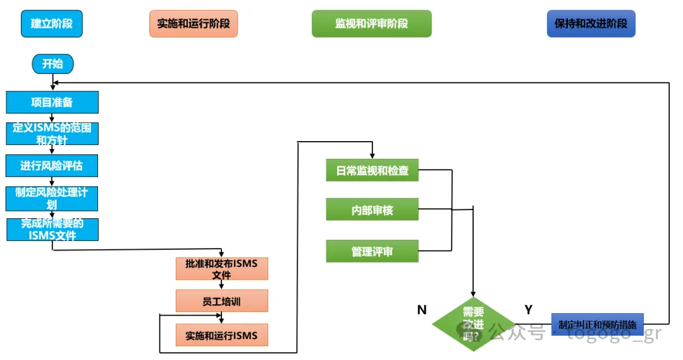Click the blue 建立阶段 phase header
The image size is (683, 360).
(x=52, y=24)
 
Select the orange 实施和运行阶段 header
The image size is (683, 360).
(x=194, y=24)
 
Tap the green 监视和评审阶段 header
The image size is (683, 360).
(x=371, y=24)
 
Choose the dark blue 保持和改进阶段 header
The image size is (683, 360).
(x=591, y=24)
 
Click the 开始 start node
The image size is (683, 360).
(x=52, y=63)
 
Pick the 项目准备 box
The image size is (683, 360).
(x=52, y=102)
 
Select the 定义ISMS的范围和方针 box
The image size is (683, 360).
(x=52, y=133)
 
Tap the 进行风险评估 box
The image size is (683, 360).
(x=52, y=166)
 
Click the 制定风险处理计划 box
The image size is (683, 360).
(x=52, y=198)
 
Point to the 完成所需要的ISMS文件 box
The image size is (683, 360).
(x=52, y=229)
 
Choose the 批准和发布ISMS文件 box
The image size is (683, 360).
(x=222, y=269)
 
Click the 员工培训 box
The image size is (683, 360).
(x=222, y=301)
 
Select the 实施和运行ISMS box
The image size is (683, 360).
(x=222, y=335)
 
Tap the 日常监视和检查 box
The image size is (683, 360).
(x=372, y=171)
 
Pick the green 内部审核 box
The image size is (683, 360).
(x=372, y=209)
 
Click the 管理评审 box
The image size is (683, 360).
(x=372, y=251)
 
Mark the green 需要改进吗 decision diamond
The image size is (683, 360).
(x=473, y=324)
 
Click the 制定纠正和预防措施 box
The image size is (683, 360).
(x=597, y=325)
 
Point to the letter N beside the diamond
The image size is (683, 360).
(x=422, y=309)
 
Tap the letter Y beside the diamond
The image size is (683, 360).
(x=529, y=309)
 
